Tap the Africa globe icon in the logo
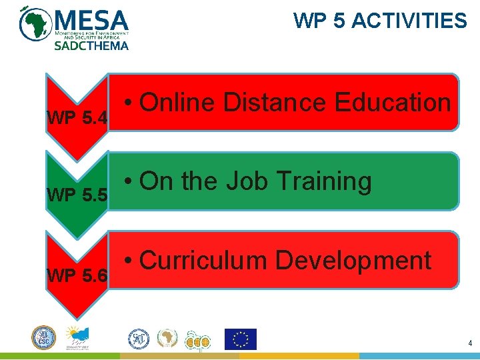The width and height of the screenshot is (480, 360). (33, 24)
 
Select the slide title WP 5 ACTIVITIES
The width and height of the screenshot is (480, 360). (380, 21)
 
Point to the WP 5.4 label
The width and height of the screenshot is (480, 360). (77, 119)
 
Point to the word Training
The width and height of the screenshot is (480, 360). (324, 182)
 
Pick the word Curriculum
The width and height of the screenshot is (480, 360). (203, 260)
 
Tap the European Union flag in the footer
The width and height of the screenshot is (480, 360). (240, 339)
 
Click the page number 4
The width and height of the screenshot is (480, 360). (470, 344)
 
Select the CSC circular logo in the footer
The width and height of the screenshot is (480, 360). (44, 337)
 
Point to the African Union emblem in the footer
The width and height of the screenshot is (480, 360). (167, 339)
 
